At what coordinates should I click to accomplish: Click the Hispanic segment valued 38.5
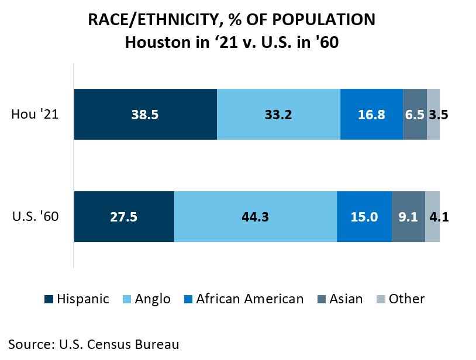[145, 115]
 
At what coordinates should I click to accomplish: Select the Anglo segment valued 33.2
[278, 115]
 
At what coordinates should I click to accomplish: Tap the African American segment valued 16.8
[371, 115]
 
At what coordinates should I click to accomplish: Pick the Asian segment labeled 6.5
[415, 115]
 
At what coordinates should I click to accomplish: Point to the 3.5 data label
[438, 115]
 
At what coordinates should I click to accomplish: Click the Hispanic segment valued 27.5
[123, 217]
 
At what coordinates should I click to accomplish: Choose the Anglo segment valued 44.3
[255, 217]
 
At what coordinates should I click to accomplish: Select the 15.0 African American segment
[364, 217]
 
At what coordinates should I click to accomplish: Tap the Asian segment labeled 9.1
[408, 217]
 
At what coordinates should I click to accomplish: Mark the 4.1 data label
[438, 217]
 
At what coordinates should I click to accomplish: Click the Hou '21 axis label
[35, 114]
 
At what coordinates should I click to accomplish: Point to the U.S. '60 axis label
[35, 216]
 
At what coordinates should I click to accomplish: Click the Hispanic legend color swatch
[49, 299]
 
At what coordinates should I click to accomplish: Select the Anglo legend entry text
[153, 299]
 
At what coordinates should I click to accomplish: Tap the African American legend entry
[250, 299]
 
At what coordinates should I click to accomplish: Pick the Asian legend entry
[346, 299]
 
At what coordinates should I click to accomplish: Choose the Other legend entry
[406, 299]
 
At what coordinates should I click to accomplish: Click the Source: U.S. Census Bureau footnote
[94, 344]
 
